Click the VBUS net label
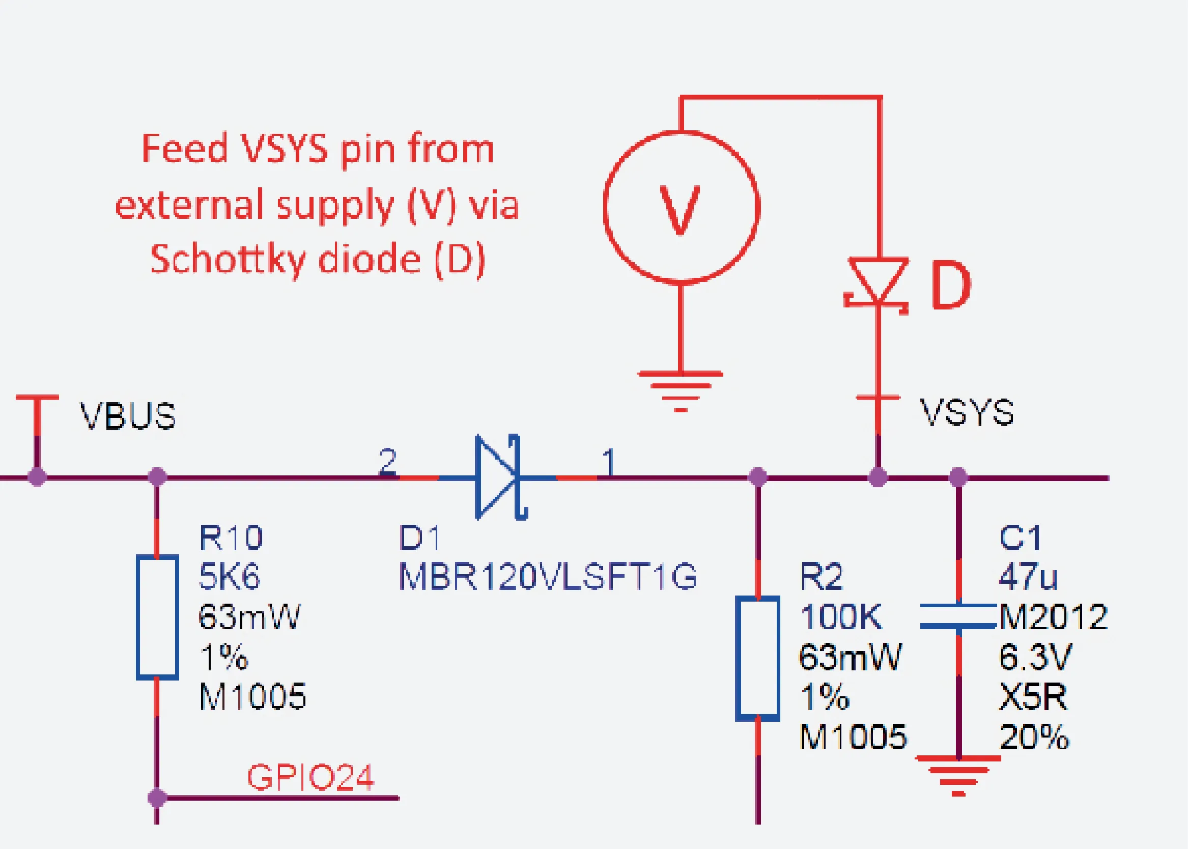(x=128, y=416)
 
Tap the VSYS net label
(x=967, y=412)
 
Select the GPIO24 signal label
(x=310, y=777)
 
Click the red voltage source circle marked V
(x=681, y=208)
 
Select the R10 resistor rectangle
(x=157, y=617)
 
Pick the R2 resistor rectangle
(x=757, y=659)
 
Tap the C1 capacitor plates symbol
(x=958, y=616)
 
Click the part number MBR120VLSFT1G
(x=548, y=577)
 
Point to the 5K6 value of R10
(x=230, y=577)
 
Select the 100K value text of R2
(x=841, y=617)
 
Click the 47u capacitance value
(x=1028, y=577)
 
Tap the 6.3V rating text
(x=1035, y=657)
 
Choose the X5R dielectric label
(x=1033, y=697)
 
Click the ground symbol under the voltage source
(x=681, y=391)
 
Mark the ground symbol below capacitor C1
(x=958, y=776)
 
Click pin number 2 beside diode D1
(x=388, y=461)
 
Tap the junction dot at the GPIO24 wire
(x=157, y=798)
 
